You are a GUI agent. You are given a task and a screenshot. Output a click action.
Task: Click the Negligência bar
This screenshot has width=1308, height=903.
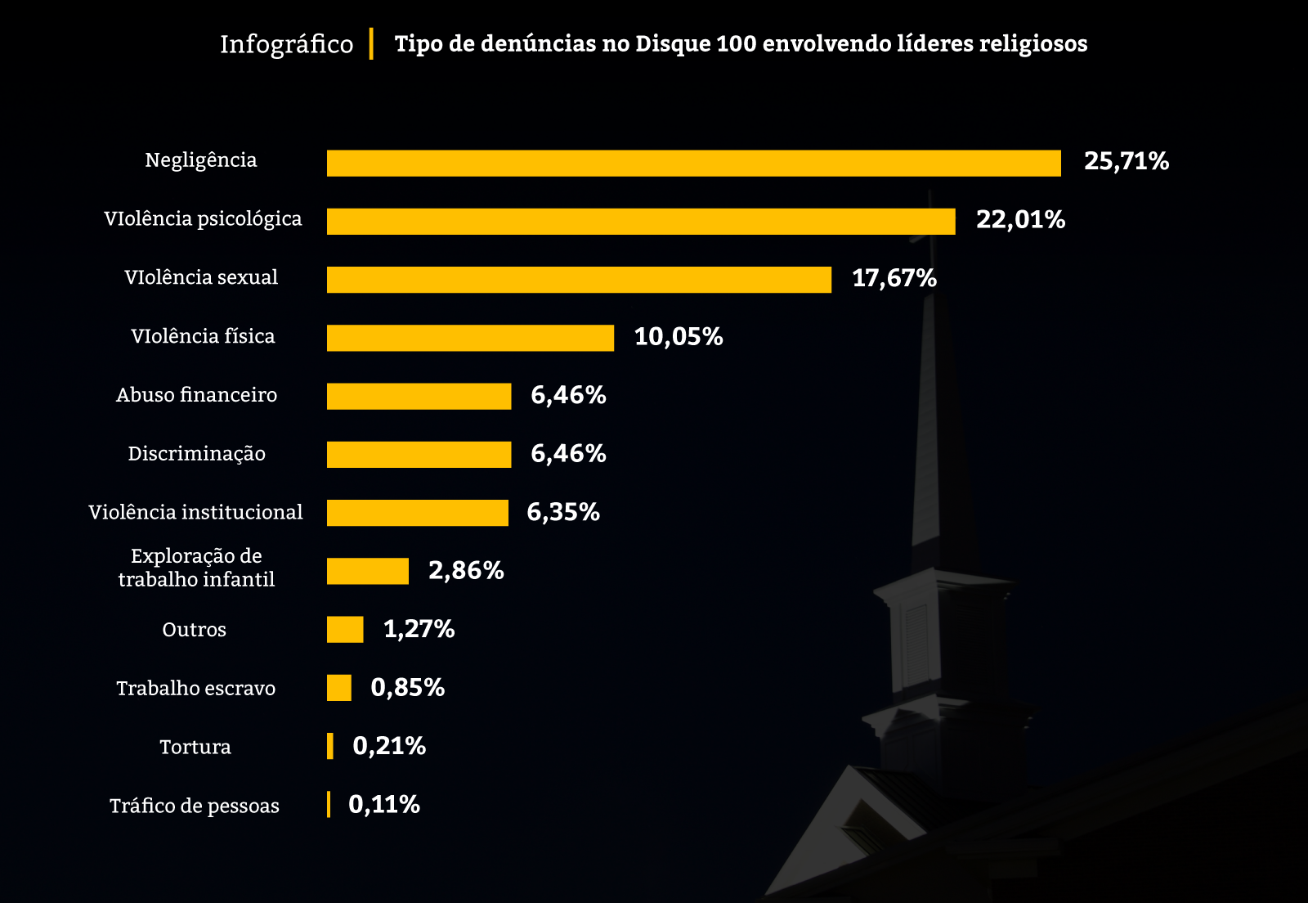[693, 163]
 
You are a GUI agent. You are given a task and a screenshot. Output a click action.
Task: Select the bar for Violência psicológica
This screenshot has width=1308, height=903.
[641, 222]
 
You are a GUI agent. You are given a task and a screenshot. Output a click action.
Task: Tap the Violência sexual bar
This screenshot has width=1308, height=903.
[579, 280]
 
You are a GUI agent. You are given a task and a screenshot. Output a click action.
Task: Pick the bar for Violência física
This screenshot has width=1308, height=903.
[470, 338]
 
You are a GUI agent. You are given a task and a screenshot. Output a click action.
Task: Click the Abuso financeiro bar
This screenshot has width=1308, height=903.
[419, 397]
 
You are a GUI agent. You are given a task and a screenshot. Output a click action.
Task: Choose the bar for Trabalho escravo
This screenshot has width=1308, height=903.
[339, 688]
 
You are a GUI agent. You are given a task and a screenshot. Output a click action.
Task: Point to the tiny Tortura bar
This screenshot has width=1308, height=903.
[330, 746]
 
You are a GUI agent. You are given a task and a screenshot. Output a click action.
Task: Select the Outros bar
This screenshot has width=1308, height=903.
[345, 630]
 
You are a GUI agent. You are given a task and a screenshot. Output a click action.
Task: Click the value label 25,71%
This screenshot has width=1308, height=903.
[1126, 161]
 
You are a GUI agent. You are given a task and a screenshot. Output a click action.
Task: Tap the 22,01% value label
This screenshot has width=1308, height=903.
[1020, 220]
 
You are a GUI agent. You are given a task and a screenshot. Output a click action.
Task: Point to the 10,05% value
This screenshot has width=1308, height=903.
[679, 337]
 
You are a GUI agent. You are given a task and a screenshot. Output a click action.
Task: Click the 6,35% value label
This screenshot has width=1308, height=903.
[563, 512]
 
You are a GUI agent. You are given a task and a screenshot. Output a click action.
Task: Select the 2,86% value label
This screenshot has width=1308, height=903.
[466, 570]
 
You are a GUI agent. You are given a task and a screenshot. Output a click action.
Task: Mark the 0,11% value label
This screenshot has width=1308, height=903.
[384, 805]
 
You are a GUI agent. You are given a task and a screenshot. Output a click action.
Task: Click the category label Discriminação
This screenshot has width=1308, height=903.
[196, 454]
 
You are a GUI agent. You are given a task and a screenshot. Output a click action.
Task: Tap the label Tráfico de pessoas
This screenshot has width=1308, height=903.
[195, 806]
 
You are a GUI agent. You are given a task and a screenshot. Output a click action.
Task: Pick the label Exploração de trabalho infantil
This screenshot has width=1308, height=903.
[196, 568]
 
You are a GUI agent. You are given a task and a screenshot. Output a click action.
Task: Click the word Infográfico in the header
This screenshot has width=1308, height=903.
[286, 44]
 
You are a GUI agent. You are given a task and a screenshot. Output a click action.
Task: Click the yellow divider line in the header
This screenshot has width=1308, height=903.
[371, 43]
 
